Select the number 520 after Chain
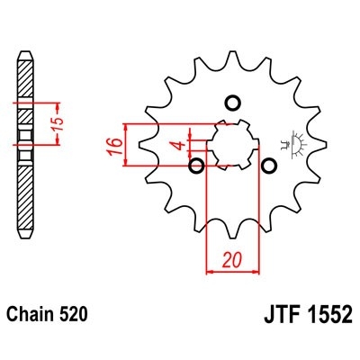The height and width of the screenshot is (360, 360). (72, 316)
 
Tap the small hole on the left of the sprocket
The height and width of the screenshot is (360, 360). (196, 166)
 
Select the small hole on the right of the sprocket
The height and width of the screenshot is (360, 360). (267, 166)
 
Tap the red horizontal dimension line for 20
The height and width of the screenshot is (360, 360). (231, 269)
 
